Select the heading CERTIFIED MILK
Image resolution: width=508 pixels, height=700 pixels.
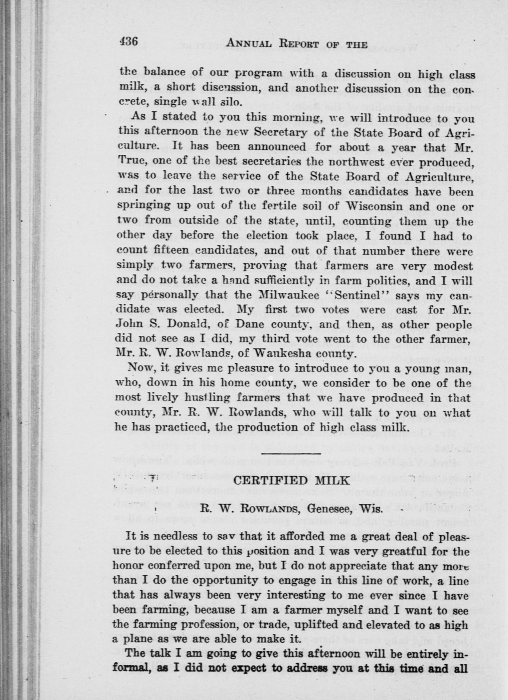292,481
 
